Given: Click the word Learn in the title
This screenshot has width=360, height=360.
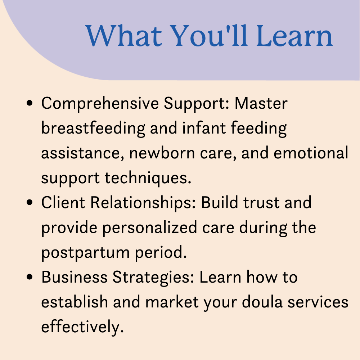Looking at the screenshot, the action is [294, 36].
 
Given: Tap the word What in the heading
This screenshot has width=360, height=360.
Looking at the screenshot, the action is [124, 36].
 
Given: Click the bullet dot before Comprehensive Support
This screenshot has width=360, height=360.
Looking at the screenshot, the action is [30, 103].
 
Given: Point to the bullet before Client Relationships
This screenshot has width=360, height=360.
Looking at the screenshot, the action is [30, 202].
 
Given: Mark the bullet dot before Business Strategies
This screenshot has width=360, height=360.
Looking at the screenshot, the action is [30, 277].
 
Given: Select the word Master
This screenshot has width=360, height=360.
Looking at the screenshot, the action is [261, 103].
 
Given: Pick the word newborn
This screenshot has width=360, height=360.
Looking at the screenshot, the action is [162, 153].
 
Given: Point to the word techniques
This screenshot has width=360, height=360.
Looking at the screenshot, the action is [148, 178].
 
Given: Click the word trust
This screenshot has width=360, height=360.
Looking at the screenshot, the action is [261, 203].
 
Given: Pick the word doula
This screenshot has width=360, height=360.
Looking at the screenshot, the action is [262, 302].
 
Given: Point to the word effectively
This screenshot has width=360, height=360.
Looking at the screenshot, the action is [82, 327].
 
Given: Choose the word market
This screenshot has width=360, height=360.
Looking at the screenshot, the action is [172, 302].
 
